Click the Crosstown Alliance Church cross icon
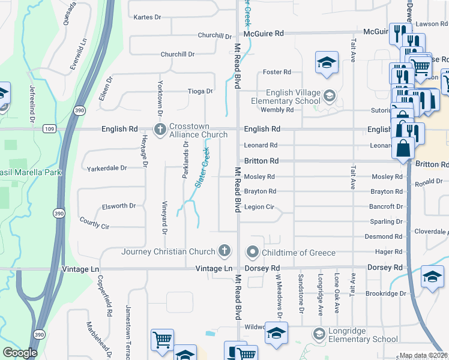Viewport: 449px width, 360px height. (160, 130)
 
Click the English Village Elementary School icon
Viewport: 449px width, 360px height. (329, 95)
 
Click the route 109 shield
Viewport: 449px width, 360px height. (49, 129)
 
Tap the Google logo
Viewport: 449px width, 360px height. (20, 353)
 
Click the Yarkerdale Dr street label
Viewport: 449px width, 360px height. (107, 168)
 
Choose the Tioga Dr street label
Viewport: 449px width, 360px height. (200, 91)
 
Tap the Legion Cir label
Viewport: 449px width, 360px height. (259, 207)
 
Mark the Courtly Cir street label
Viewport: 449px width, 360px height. (94, 223)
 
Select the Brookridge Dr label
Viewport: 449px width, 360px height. (386, 294)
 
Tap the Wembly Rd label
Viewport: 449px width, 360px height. (277, 110)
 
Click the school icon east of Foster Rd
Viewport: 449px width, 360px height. (327, 62)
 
